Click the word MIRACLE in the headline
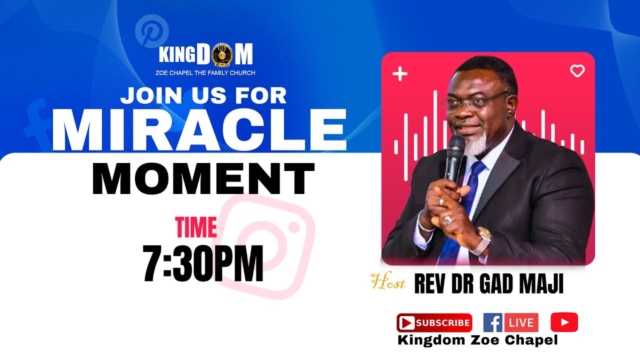198,129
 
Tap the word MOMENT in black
203,179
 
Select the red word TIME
196,227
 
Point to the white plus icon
400,74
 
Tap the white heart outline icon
577,71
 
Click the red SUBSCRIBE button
434,323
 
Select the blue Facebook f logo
493,323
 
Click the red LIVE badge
521,323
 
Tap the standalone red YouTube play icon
564,322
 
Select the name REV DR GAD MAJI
488,284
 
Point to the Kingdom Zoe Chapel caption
477,340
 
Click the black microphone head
456,145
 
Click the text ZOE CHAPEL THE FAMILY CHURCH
205,73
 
